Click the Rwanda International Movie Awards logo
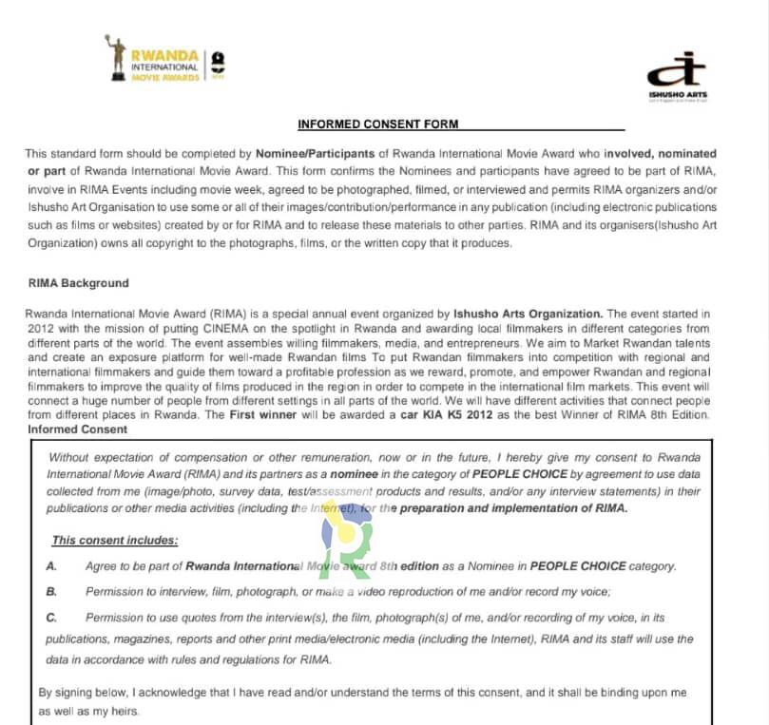coord(163,60)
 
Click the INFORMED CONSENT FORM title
coord(377,124)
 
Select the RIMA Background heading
coord(79,283)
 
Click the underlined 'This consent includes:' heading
coord(115,541)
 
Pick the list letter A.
coord(51,566)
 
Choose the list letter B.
coord(51,592)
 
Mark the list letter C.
coord(51,618)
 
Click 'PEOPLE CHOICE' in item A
coord(578,566)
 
